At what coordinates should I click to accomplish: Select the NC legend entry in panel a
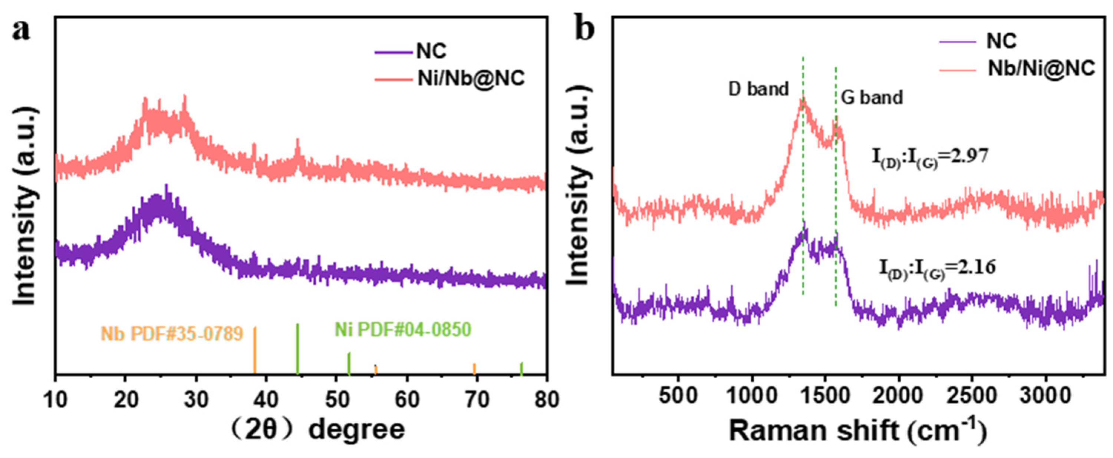(431, 51)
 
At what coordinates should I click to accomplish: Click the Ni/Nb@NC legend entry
(471, 79)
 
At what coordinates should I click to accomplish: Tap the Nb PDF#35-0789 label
(172, 333)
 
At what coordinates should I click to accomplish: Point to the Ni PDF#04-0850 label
(403, 330)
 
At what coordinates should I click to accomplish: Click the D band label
(758, 89)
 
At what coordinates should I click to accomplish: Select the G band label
(872, 97)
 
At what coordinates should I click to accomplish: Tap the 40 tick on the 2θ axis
(265, 400)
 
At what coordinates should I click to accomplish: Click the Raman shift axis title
(857, 431)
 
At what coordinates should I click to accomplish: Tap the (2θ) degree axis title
(317, 430)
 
